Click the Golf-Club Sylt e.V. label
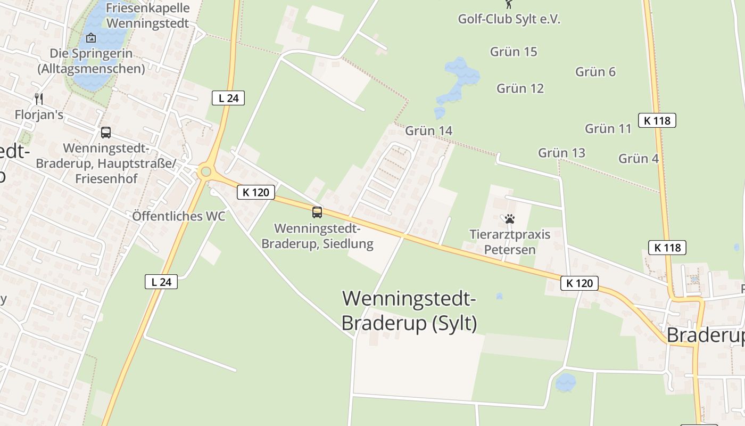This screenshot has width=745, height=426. [509, 19]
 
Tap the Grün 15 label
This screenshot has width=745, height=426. [514, 52]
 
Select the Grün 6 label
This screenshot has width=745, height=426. [595, 72]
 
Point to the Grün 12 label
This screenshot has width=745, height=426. [520, 88]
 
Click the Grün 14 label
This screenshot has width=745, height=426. [428, 131]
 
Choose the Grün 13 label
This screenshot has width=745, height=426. [561, 153]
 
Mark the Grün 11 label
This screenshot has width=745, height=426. [608, 128]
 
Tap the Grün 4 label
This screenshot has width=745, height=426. [639, 158]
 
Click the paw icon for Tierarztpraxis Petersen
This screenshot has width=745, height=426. [510, 219]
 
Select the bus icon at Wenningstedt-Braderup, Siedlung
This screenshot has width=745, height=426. [317, 212]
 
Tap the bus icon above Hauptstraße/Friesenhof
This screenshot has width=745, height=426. [106, 133]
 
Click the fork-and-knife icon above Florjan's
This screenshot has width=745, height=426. [38, 99]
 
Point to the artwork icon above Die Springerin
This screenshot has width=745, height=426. [91, 38]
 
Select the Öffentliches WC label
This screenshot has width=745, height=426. [179, 216]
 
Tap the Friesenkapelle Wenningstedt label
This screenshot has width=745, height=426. [147, 16]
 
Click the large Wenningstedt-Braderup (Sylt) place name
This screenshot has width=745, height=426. [409, 310]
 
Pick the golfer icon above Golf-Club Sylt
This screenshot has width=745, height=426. [509, 4]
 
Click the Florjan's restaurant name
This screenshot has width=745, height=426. [39, 114]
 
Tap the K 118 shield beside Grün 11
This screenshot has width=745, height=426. [657, 120]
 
